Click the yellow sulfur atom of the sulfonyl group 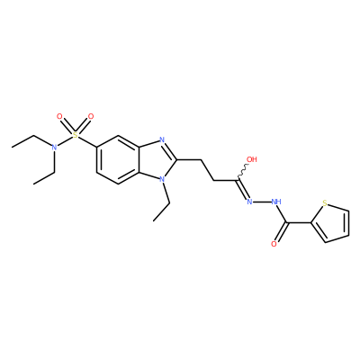coord(76,135)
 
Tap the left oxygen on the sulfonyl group coord(59,116)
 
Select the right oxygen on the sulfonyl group coord(91,116)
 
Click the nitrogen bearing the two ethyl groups coord(54,148)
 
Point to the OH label coord(252,159)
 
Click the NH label coord(276,202)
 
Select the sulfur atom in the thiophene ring coord(325,203)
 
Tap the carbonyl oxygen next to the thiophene coord(274,244)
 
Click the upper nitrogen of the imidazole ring coord(162,139)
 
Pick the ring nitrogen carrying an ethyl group coord(162,179)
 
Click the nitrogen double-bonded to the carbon coord(249,202)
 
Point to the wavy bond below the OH coord(243,172)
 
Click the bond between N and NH coord(262,202)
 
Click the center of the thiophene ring coord(333,224)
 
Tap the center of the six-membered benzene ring coord(118,159)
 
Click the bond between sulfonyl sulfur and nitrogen coord(65,141)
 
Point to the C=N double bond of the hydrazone coord(243,189)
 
